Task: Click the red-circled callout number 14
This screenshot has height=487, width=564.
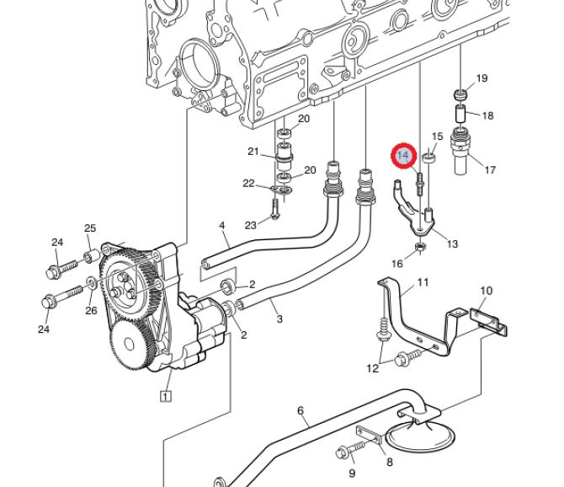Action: pos(403,156)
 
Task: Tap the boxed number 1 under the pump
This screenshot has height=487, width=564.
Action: pos(165,396)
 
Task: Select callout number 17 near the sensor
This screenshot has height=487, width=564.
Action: pos(490,169)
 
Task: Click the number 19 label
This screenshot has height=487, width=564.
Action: pos(482,78)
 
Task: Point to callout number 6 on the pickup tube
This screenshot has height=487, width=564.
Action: pos(301,410)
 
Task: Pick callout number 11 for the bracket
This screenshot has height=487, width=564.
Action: pos(423,282)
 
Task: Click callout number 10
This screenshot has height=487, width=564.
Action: pos(486,291)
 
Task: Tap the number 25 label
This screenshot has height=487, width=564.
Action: pos(90,227)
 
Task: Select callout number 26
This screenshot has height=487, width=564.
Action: pos(91,310)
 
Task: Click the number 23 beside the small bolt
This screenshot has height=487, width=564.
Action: pos(250,225)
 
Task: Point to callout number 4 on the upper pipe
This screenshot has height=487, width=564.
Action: pos(222,226)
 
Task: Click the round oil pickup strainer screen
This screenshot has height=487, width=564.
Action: pos(420,437)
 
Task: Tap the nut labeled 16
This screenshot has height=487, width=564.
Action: pos(420,247)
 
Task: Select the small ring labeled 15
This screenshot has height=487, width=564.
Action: pos(429,158)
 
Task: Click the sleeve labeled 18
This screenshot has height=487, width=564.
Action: pos(460,113)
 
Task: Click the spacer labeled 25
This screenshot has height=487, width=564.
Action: pos(92,255)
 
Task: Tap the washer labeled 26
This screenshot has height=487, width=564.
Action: pos(92,283)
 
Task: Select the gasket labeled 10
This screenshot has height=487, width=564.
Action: pos(489,321)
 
